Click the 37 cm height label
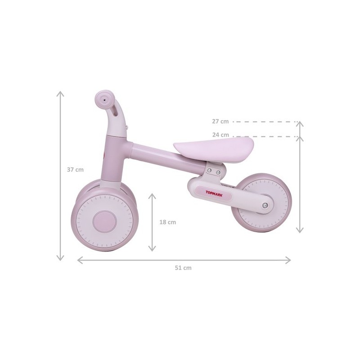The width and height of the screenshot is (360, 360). point(75,170)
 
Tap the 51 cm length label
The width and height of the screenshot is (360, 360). point(183,267)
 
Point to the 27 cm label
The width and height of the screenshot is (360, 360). point(220,121)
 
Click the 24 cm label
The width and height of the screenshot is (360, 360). point(220,135)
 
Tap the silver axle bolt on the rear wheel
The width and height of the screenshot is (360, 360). point(265,205)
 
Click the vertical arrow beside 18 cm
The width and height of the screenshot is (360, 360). point(152,222)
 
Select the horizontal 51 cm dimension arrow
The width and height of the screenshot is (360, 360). point(184,259)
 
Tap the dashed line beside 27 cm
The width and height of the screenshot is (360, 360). point(265,121)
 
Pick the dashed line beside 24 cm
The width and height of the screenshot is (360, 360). point(265,136)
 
